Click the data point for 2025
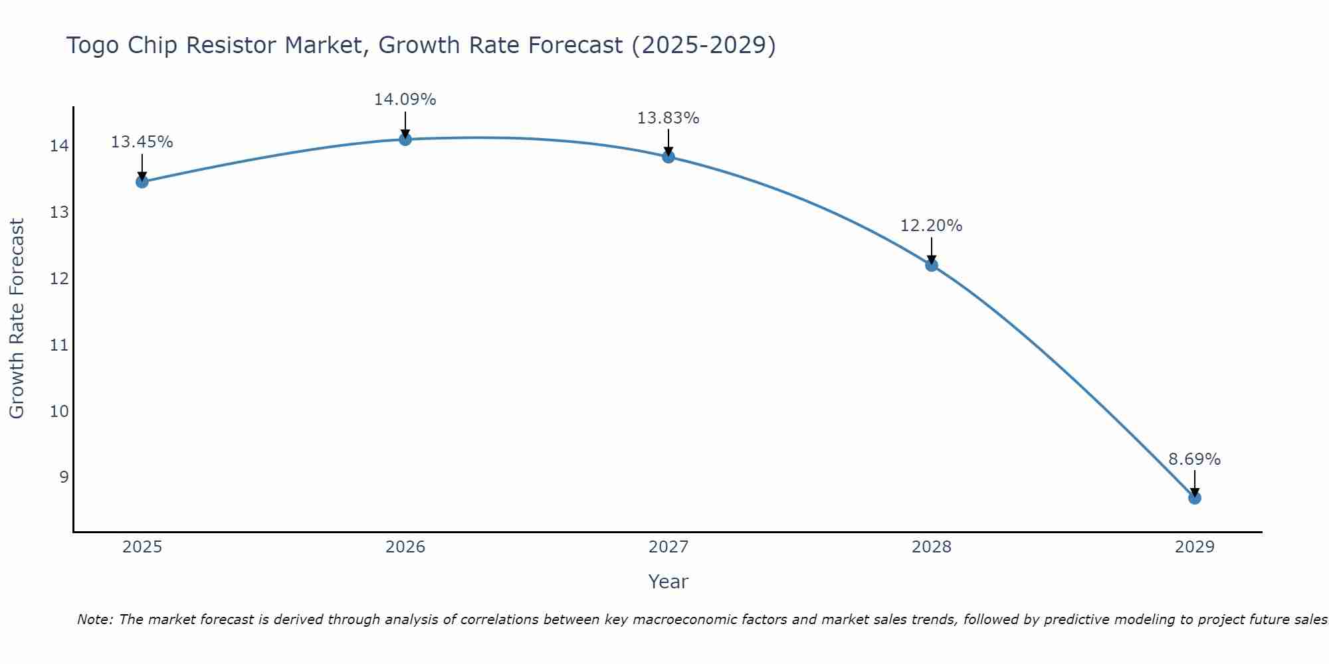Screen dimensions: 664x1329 coord(142,181)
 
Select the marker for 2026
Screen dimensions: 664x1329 coord(405,139)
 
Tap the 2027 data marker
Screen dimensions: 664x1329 coord(668,157)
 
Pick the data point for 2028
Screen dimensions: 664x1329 coord(932,265)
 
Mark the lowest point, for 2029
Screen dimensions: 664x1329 coord(1195,497)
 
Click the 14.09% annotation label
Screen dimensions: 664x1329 coord(405,100)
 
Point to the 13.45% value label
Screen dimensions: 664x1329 coord(142,142)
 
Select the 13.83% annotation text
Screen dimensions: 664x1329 coord(668,118)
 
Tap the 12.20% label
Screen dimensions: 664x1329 coord(931,226)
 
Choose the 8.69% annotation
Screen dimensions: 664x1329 coord(1194,459)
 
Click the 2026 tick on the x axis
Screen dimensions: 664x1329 coord(405,547)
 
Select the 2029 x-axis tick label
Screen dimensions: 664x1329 coord(1195,547)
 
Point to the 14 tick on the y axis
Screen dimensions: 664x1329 coord(59,146)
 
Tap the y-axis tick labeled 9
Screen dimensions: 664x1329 coord(64,477)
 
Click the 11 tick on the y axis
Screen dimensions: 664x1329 coord(59,345)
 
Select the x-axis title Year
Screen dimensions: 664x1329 coord(668,582)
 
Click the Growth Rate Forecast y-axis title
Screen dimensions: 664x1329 coord(17,319)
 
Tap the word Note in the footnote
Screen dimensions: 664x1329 coord(95,620)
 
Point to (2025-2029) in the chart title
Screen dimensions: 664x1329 coord(703,45)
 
